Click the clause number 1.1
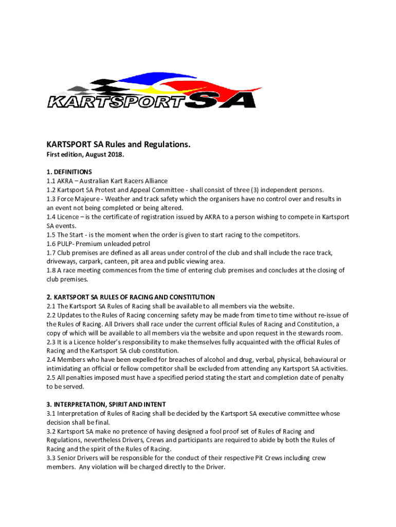(x=51, y=181)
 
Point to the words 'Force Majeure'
(x=79, y=199)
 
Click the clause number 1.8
(x=51, y=271)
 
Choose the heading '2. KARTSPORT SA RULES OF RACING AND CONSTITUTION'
(x=131, y=297)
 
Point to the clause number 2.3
(x=51, y=342)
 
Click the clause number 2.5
(x=51, y=378)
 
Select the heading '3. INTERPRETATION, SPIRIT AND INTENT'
(x=106, y=405)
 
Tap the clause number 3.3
(x=51, y=458)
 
